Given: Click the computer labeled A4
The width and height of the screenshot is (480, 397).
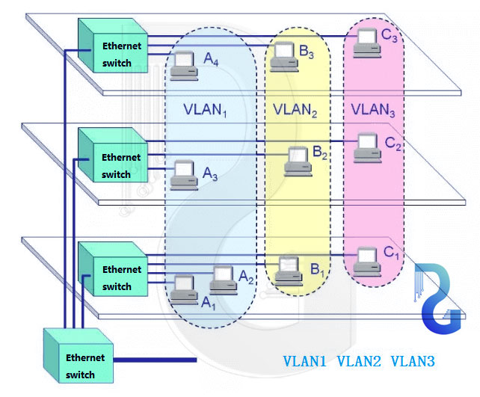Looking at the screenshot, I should [183, 67].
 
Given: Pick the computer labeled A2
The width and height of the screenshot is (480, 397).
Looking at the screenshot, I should [224, 278].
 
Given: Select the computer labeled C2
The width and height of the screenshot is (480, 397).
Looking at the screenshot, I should [366, 146].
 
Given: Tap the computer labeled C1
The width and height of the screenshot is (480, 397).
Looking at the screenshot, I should [366, 258].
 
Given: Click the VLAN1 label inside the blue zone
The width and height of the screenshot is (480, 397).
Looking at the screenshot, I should [205, 108].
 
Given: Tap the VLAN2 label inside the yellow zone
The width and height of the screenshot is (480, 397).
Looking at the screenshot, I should [295, 109].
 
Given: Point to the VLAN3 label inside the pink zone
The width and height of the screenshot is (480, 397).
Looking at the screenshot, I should [374, 109].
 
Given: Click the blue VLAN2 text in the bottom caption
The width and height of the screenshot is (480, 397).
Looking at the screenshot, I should [359, 361].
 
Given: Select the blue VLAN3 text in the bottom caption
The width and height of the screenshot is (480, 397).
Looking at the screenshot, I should [413, 361].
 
